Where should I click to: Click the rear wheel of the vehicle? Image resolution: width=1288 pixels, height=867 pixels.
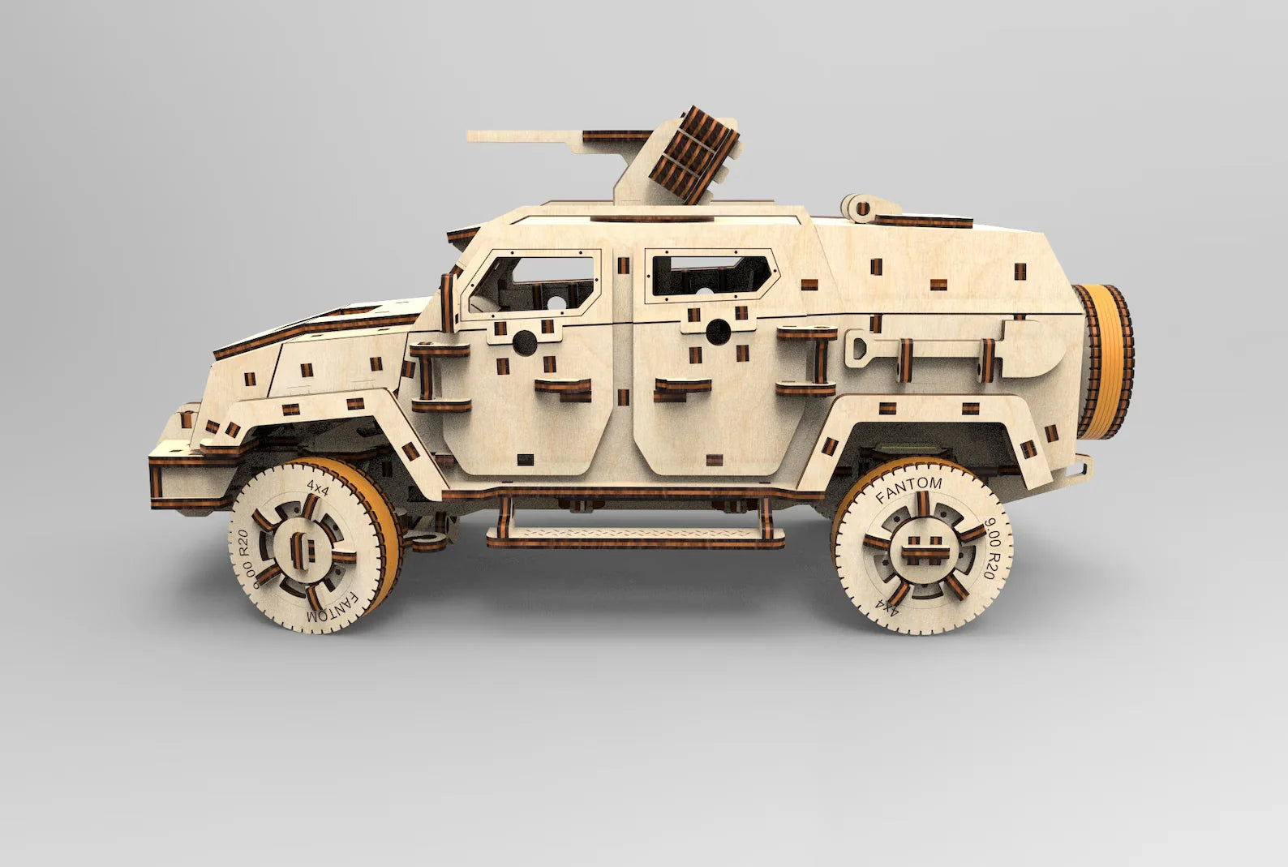point(921,546)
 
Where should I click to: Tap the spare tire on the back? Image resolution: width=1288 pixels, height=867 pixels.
point(1104,360)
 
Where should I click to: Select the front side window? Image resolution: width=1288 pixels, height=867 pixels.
point(532,284)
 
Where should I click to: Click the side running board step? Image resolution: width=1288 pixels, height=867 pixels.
point(635,536)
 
